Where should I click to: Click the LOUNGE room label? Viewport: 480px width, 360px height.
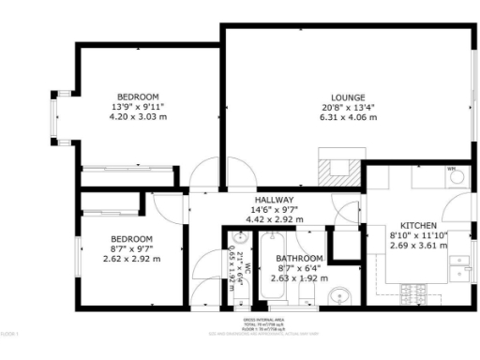(x=347, y=97)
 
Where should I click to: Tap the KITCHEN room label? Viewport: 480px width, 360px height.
(x=418, y=226)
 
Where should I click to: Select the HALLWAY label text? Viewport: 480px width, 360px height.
(x=274, y=200)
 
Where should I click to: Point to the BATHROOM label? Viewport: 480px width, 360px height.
(x=299, y=258)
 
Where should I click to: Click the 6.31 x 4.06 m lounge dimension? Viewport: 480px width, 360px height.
(x=347, y=118)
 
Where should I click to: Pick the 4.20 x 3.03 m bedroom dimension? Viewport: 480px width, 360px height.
(x=138, y=118)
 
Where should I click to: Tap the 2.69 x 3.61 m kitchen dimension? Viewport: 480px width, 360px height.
(x=418, y=247)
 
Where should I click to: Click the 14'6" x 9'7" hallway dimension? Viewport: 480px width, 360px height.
(x=274, y=210)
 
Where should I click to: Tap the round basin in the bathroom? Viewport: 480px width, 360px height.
(x=338, y=297)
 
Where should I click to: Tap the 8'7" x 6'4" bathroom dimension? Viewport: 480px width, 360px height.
(x=299, y=268)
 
